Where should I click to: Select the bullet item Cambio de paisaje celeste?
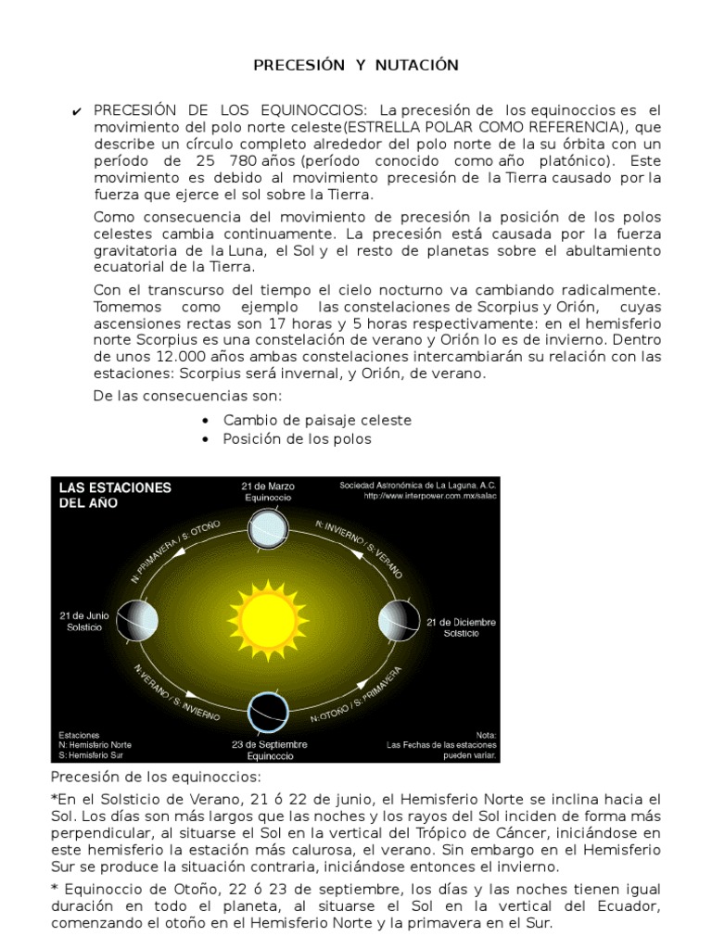(317, 420)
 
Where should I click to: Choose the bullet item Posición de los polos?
(297, 438)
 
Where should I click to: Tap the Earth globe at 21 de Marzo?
(269, 529)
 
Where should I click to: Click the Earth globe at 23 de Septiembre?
(268, 711)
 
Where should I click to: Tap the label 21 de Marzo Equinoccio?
(268, 492)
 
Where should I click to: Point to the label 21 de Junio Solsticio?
(82, 622)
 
